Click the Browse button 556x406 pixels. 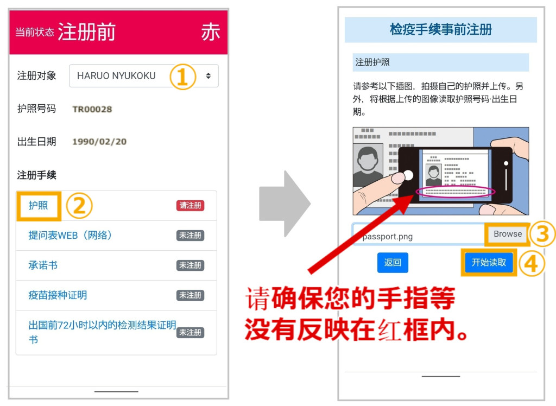click(508, 234)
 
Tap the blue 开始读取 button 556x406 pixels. click(489, 262)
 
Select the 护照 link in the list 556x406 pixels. click(38, 205)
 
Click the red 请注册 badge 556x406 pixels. click(190, 205)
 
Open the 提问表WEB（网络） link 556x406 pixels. click(70, 235)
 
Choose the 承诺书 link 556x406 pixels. click(43, 265)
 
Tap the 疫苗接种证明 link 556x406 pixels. click(58, 295)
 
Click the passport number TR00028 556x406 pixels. click(92, 109)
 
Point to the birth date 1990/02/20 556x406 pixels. click(99, 142)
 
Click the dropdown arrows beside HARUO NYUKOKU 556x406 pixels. click(208, 75)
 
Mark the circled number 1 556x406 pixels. click(182, 77)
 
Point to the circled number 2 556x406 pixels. click(79, 206)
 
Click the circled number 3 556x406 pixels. click(542, 234)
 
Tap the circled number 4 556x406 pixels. click(531, 263)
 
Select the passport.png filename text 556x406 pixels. click(388, 237)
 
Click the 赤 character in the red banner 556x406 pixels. click(211, 32)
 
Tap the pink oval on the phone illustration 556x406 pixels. click(456, 192)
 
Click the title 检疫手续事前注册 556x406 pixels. click(441, 29)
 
